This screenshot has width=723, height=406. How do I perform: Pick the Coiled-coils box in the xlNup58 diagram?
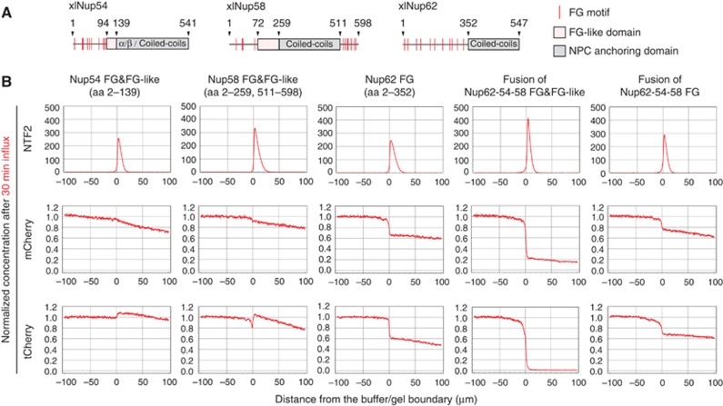click(x=308, y=43)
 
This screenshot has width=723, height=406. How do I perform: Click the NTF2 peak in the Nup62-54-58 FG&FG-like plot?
click(x=527, y=121)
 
